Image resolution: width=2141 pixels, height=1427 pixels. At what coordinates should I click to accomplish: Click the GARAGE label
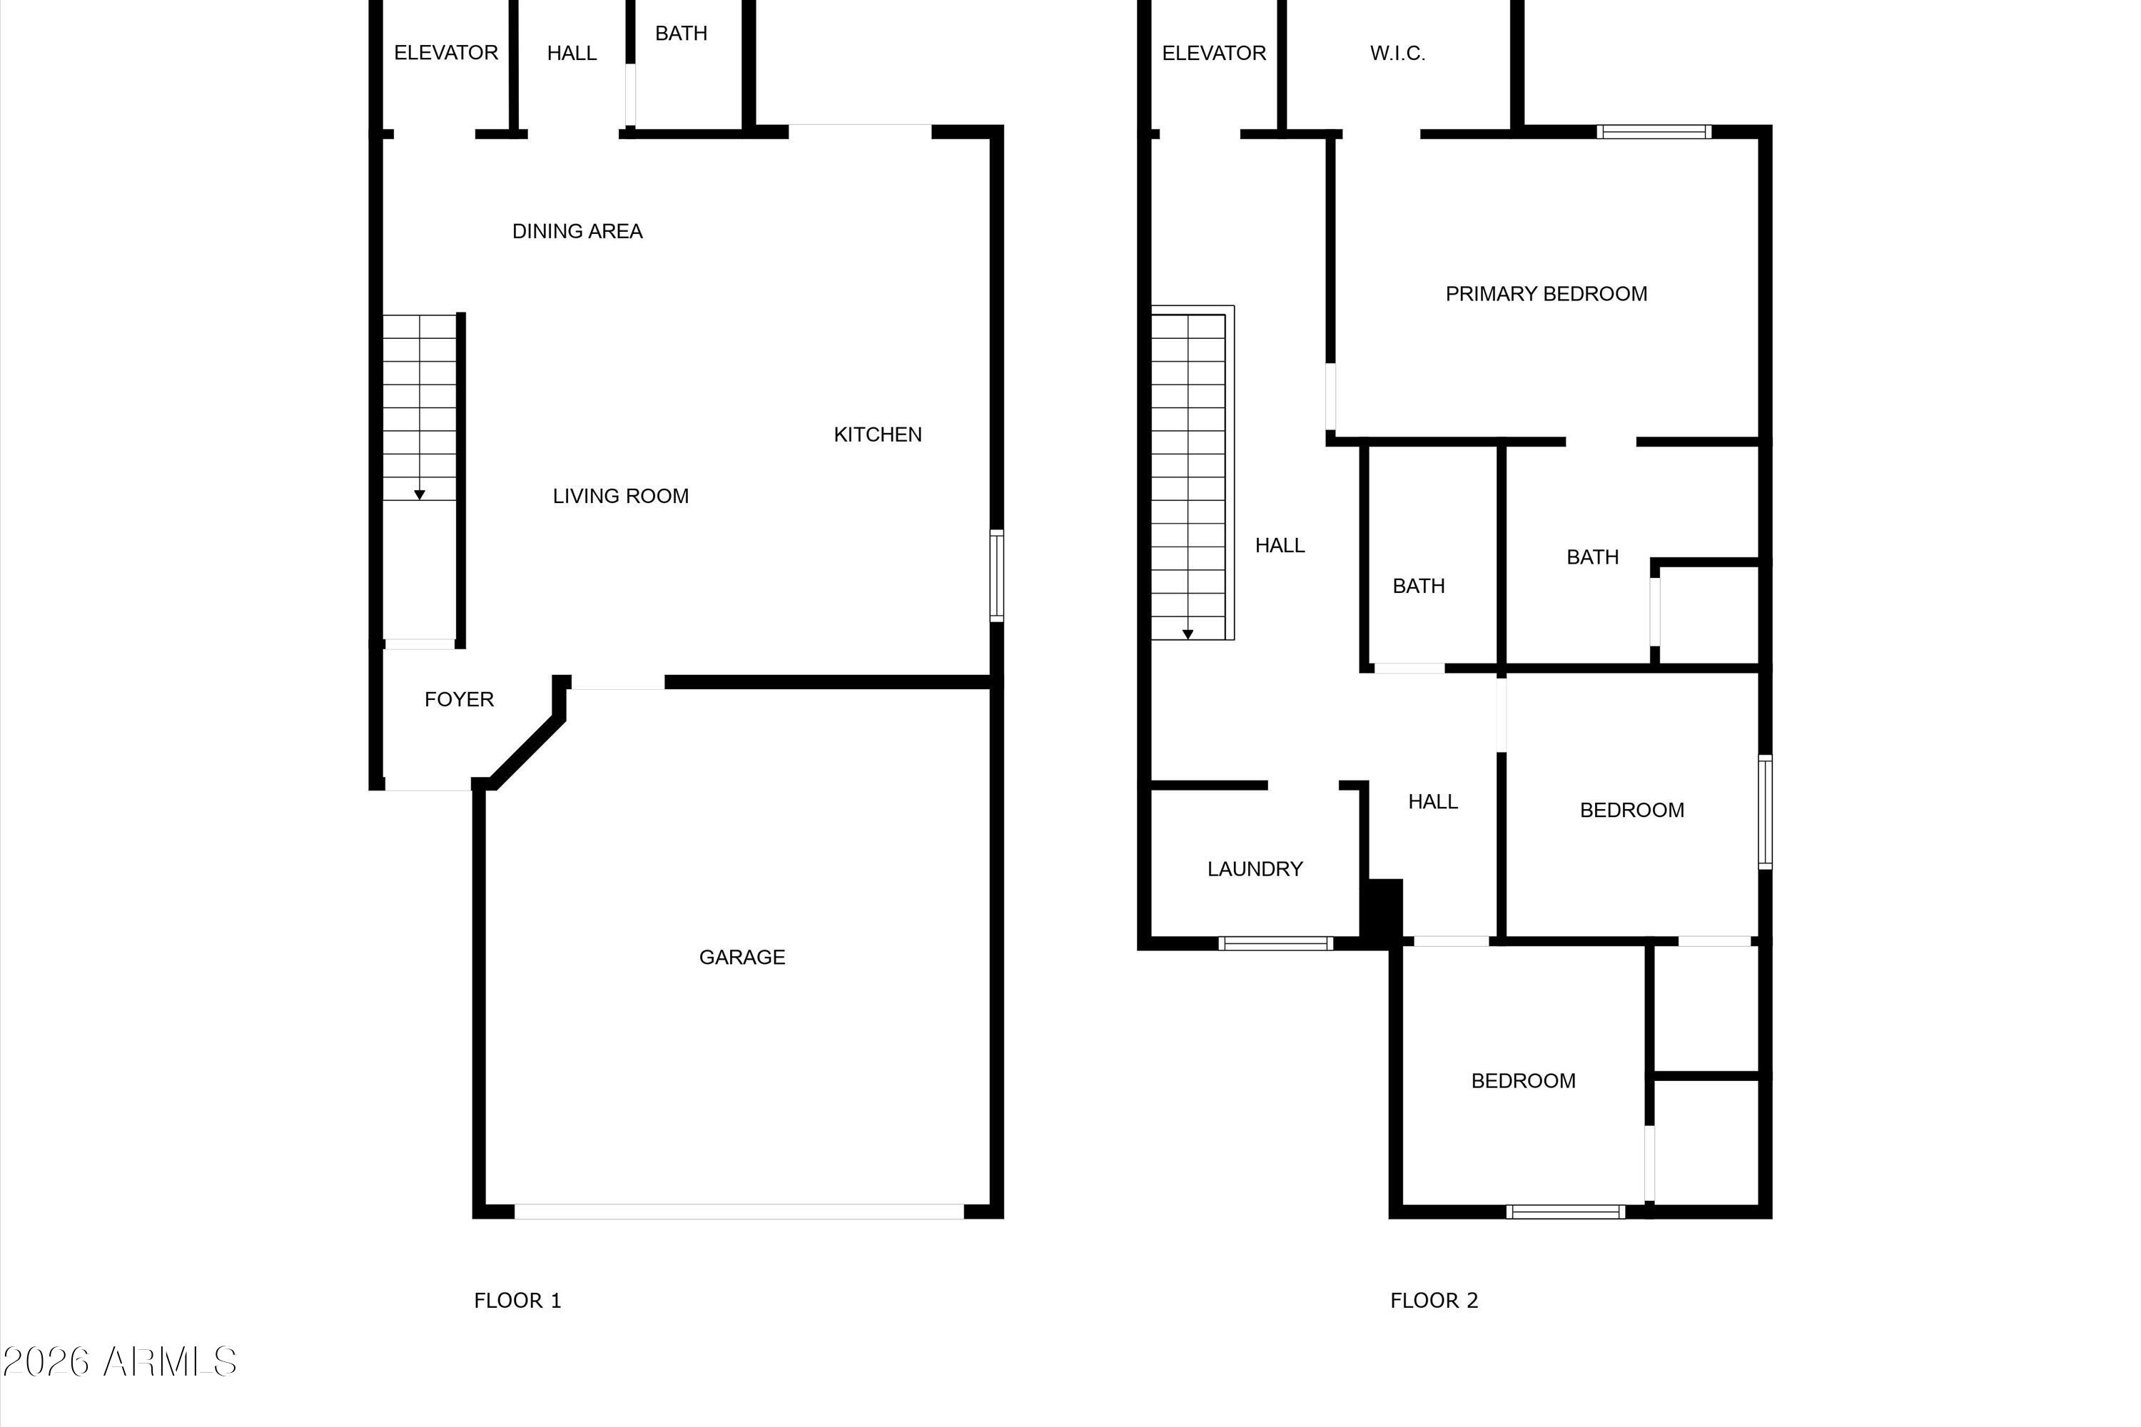[742, 958]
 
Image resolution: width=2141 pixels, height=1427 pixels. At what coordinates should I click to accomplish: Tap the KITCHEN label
[878, 435]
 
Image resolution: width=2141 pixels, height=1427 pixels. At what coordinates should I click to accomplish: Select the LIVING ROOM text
[621, 496]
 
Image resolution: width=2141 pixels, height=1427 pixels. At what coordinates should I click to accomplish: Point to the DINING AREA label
[577, 231]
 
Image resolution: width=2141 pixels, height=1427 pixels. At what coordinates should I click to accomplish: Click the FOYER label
[459, 699]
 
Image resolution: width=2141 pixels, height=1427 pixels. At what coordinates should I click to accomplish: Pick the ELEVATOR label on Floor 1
[446, 53]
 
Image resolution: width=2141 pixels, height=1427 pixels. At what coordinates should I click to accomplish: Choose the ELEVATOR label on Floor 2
[1213, 53]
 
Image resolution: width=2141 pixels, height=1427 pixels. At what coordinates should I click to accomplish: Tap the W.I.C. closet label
[1397, 54]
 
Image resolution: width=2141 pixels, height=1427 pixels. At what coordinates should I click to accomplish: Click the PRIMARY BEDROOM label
[1546, 294]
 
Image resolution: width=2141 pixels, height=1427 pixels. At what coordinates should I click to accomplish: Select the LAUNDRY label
[1255, 869]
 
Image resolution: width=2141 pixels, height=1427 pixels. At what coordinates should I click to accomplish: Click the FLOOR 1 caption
[517, 1301]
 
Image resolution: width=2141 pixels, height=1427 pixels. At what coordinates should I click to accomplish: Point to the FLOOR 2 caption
[1434, 1301]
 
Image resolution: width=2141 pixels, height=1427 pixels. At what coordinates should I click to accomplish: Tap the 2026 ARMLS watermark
[119, 1361]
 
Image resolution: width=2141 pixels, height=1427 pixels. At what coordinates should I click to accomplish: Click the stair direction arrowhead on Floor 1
[420, 495]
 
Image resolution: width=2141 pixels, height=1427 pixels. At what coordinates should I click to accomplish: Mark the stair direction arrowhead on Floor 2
[1188, 634]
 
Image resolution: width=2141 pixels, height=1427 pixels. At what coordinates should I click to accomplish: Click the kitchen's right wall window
[997, 576]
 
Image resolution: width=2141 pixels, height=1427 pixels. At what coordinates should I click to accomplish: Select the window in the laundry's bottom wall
[1275, 944]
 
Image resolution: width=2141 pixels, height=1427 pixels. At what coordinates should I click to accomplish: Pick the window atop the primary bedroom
[1653, 132]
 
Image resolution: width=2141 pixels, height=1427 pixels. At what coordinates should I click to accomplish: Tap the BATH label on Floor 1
[681, 34]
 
